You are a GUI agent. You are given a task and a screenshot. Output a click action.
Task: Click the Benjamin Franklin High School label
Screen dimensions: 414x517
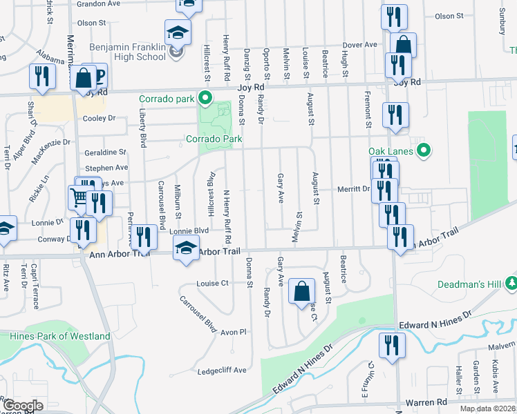pyautogui.click(x=128, y=52)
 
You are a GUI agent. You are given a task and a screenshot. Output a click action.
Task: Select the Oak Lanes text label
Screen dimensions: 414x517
pyautogui.click(x=391, y=151)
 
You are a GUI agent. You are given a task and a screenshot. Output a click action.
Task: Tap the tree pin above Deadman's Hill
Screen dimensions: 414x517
pyautogui.click(x=511, y=282)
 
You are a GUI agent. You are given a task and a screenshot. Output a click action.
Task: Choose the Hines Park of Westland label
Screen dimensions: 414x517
pyautogui.click(x=60, y=336)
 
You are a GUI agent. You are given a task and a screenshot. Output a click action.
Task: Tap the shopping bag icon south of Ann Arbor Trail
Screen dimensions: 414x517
pyautogui.click(x=302, y=290)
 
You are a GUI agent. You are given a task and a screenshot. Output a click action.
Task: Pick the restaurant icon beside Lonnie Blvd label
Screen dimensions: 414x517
pyautogui.click(x=144, y=237)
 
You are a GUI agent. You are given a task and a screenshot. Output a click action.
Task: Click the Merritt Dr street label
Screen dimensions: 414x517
pyautogui.click(x=354, y=189)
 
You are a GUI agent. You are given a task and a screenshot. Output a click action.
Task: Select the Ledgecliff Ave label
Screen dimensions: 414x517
pyautogui.click(x=222, y=371)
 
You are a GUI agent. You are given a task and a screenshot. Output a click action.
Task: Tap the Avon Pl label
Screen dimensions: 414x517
pyautogui.click(x=233, y=332)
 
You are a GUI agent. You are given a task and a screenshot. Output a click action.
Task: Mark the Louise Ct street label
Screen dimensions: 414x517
pyautogui.click(x=212, y=283)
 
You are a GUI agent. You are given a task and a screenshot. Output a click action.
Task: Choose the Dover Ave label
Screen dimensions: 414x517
pyautogui.click(x=361, y=45)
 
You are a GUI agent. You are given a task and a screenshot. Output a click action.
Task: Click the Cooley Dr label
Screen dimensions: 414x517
pyautogui.click(x=100, y=118)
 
